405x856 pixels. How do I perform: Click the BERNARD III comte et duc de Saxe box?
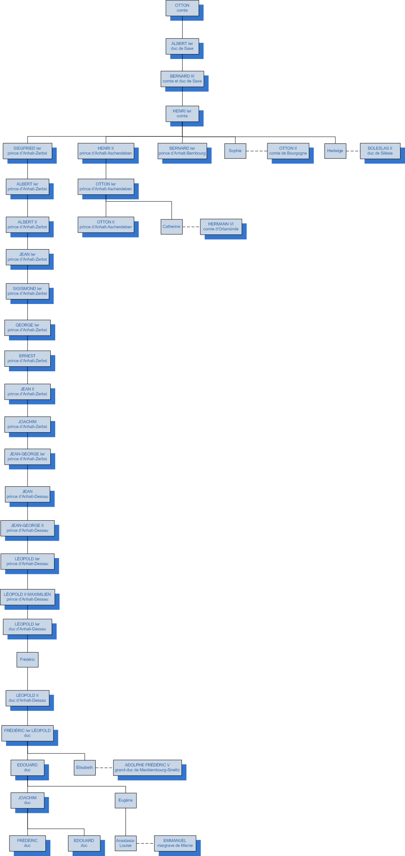click(x=182, y=79)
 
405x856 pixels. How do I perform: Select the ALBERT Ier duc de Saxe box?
click(x=182, y=46)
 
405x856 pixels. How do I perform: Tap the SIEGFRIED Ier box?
click(x=27, y=151)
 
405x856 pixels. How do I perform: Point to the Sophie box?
click(x=235, y=151)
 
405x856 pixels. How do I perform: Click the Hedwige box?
click(x=335, y=151)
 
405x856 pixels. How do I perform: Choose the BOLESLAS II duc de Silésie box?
click(x=380, y=151)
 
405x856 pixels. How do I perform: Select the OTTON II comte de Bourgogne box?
click(x=288, y=151)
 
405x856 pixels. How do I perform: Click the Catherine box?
click(x=171, y=227)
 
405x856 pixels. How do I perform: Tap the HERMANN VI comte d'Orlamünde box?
click(x=221, y=226)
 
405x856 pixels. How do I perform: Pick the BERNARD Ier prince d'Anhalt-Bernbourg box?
click(x=182, y=151)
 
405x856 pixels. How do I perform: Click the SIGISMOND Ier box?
click(x=27, y=291)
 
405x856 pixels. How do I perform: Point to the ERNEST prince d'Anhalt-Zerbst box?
click(x=27, y=358)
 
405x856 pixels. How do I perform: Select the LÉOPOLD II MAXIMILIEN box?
click(x=27, y=597)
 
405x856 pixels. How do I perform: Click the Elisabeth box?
click(x=84, y=768)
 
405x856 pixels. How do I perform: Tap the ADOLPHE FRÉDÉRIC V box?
click(x=147, y=768)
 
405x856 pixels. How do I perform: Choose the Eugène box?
click(x=126, y=800)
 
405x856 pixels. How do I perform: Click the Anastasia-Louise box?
click(x=126, y=843)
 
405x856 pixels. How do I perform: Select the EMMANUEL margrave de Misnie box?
click(x=175, y=843)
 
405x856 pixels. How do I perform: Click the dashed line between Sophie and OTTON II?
click(x=256, y=151)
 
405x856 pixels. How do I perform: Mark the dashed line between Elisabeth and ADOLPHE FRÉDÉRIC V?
click(x=104, y=768)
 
